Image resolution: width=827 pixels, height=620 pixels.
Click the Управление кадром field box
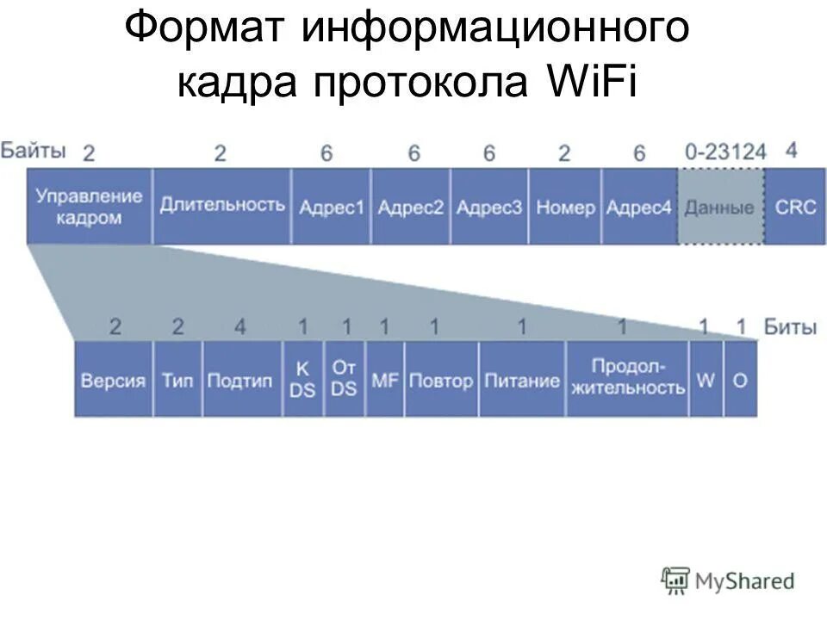(x=90, y=207)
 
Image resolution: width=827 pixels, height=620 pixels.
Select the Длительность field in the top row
(x=222, y=207)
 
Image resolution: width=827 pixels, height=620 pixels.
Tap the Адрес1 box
(x=332, y=207)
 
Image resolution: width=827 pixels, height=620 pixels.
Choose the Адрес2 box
(x=411, y=207)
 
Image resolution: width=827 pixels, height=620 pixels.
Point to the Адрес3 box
(x=489, y=207)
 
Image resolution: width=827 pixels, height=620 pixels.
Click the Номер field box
(x=565, y=207)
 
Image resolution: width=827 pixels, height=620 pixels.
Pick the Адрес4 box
(x=638, y=207)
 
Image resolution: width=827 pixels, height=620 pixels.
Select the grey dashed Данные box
(x=720, y=207)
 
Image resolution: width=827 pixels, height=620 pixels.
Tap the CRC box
(x=795, y=207)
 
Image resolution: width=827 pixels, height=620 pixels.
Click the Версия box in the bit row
(x=114, y=380)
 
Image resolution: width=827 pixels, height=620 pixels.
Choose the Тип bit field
(x=177, y=380)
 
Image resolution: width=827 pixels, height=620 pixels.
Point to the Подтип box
(x=242, y=380)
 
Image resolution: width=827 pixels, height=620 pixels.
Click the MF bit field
(x=385, y=380)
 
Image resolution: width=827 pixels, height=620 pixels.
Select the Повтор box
(x=441, y=380)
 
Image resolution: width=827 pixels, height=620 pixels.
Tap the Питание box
(x=522, y=380)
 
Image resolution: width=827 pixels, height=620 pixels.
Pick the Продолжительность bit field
(x=627, y=380)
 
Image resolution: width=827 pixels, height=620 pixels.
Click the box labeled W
(x=706, y=380)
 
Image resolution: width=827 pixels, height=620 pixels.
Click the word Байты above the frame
(x=33, y=151)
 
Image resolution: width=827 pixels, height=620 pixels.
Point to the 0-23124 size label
(x=725, y=152)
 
